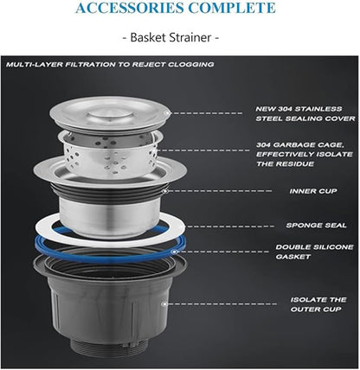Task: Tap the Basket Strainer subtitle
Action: coord(170,37)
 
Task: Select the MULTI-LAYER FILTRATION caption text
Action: coord(110,64)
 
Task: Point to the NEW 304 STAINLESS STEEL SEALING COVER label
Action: coord(305,113)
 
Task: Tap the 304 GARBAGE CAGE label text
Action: coord(305,154)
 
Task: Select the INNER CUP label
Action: coord(313,191)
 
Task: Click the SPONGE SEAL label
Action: coord(316,225)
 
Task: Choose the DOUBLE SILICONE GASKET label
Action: coord(314,252)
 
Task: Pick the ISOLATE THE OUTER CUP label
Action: coord(318,304)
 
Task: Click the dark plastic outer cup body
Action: coord(110,309)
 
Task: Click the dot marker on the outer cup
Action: coord(164,304)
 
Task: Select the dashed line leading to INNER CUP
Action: coord(220,191)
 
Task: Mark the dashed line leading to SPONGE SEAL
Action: coord(230,226)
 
